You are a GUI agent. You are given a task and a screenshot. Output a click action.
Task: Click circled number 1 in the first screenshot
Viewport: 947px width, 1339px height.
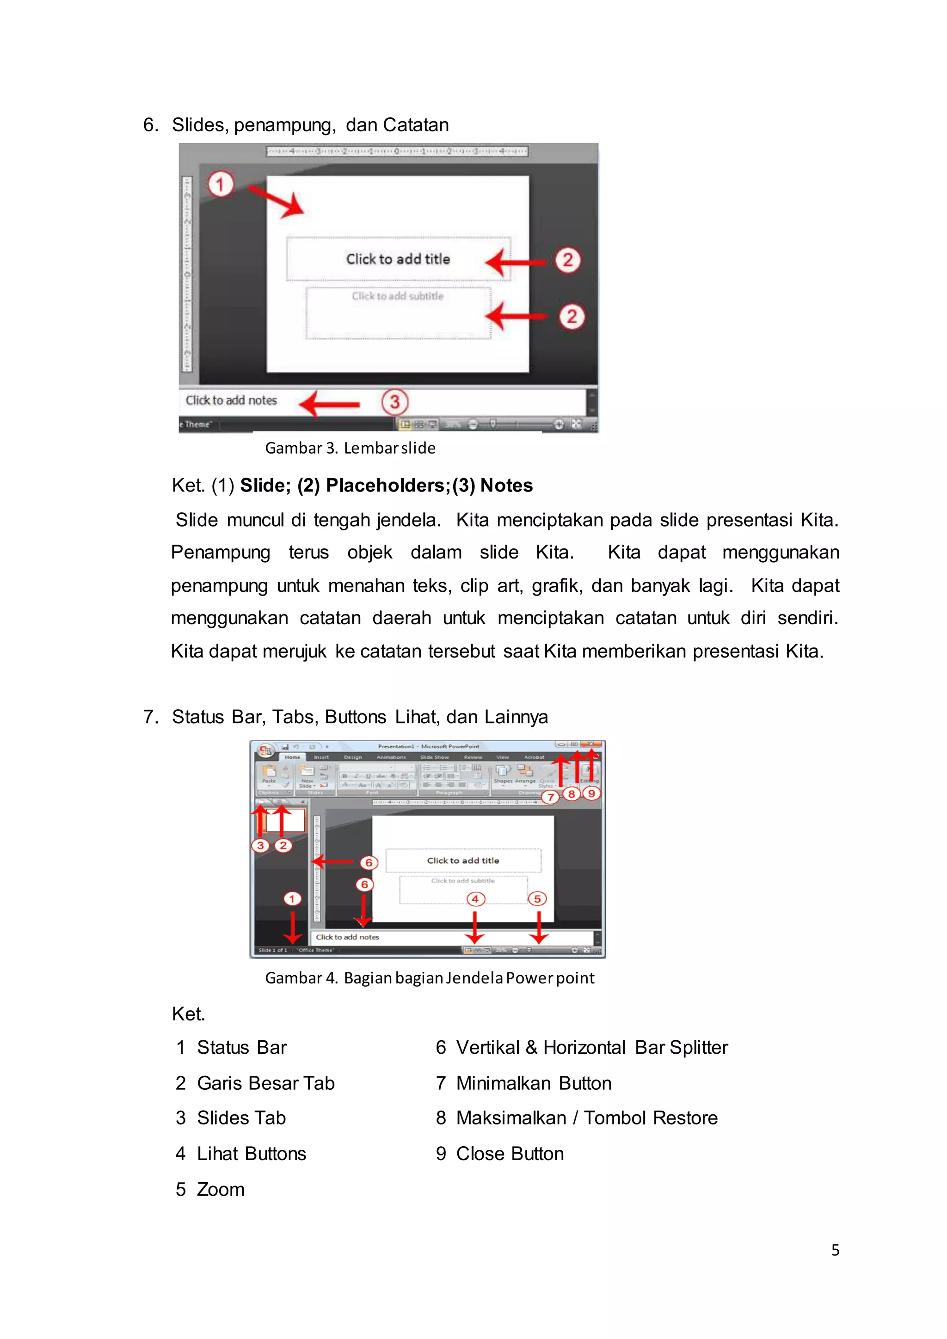(x=221, y=185)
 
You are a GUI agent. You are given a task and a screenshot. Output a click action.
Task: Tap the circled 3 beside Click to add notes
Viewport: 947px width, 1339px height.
(x=395, y=402)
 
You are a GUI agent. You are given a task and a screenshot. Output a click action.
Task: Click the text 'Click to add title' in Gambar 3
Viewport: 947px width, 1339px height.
(x=398, y=259)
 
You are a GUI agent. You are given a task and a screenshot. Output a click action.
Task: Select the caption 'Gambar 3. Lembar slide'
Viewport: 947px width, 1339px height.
(x=350, y=448)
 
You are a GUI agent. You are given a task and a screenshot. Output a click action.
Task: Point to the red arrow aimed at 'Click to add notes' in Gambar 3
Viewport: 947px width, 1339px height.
(x=330, y=404)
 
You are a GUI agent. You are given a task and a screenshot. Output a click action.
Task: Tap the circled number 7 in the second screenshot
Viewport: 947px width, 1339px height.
(x=550, y=797)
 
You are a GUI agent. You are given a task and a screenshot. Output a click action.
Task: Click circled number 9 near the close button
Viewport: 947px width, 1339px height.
(x=591, y=794)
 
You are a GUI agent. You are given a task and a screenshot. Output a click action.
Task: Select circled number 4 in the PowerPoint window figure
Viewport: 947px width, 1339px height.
(x=475, y=899)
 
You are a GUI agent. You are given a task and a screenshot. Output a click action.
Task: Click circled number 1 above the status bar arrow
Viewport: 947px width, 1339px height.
(x=292, y=899)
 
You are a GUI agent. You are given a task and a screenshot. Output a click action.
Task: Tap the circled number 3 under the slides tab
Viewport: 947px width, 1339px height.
(x=260, y=845)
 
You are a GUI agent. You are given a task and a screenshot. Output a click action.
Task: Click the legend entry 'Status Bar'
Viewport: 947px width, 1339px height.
(x=241, y=1047)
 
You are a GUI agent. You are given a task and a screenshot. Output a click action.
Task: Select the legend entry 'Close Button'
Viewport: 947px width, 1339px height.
(x=510, y=1154)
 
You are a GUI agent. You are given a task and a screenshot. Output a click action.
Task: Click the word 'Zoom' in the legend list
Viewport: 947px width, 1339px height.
(x=221, y=1189)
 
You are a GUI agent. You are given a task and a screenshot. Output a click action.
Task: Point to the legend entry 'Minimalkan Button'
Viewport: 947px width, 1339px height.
(x=534, y=1083)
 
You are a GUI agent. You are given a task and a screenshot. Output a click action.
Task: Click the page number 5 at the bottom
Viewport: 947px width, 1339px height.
(x=835, y=1250)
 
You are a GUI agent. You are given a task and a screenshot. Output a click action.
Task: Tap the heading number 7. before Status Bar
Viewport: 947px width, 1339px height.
(x=150, y=717)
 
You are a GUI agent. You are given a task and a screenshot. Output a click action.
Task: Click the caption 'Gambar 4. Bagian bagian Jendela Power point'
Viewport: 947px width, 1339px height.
(x=429, y=978)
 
